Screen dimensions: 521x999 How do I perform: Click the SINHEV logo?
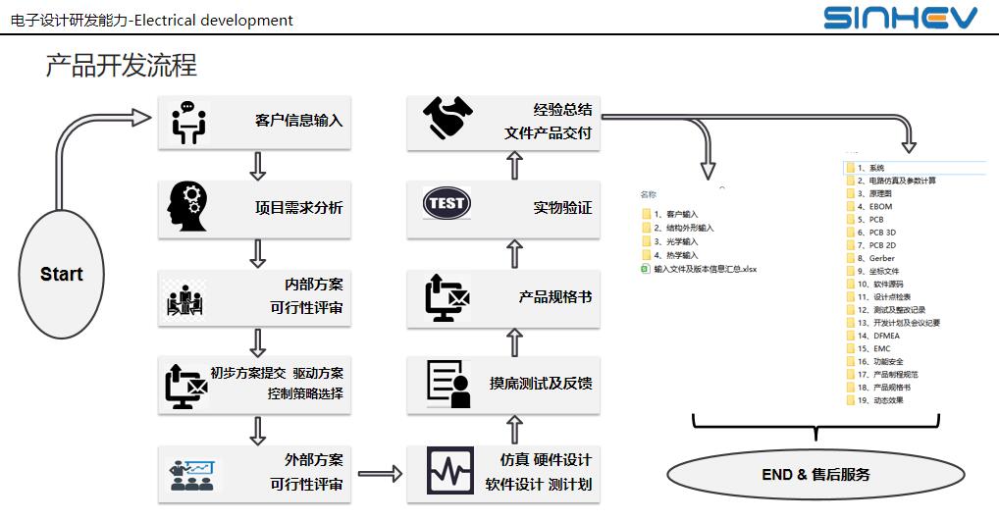pos(900,18)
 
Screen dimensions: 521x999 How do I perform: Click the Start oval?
pos(61,274)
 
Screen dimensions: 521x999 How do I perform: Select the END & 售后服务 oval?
pos(815,475)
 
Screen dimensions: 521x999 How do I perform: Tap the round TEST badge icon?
pos(447,204)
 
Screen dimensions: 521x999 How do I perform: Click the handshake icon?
pos(448,118)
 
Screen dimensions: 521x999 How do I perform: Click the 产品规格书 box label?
pos(554,296)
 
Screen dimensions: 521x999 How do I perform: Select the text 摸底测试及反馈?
pos(541,383)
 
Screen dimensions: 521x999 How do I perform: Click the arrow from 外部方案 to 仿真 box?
pos(380,474)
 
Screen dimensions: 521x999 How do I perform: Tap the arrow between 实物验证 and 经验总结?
pos(514,166)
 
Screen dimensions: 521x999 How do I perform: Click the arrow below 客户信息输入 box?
pos(257,166)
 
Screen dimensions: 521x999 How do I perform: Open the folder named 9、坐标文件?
pos(877,271)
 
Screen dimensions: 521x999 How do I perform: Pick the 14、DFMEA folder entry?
pos(874,336)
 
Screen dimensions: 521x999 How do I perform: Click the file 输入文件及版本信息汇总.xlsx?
pos(705,268)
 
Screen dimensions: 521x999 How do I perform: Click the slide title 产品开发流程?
pos(121,65)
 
